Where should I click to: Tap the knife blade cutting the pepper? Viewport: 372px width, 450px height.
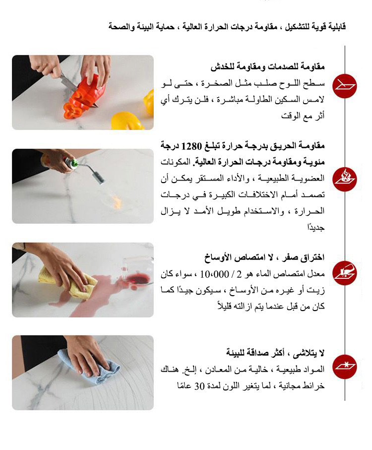point(69,81)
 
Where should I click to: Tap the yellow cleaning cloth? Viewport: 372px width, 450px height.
point(67,282)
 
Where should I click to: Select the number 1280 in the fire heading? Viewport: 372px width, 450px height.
point(191,146)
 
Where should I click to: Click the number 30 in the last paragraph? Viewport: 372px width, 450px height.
point(199,386)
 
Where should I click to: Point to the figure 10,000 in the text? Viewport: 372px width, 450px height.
point(214,274)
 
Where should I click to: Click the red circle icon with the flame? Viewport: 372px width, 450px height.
point(344,180)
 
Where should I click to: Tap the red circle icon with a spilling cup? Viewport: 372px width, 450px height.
point(344,273)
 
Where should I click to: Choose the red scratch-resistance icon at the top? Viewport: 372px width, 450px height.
point(344,86)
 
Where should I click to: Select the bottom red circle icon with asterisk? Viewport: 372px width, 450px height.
point(344,367)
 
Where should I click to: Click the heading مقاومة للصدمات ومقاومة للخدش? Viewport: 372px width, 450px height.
point(268,67)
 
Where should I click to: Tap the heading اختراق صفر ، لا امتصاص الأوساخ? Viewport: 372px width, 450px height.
point(264,257)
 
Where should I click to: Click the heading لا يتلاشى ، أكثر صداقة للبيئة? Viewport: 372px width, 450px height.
point(275,352)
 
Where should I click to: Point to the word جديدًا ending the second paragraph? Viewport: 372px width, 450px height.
point(316,228)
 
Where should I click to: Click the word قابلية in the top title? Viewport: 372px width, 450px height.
point(336,27)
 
